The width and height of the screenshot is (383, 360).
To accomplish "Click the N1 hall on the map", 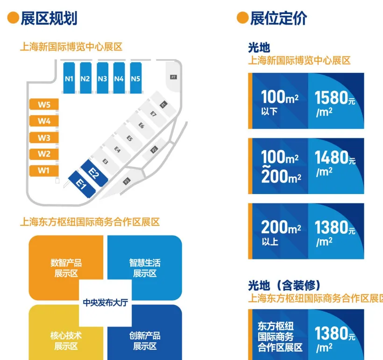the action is pos(69,79).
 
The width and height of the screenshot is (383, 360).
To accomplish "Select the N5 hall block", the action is pos(135,79).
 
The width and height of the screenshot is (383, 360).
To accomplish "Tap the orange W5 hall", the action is pos(44,105).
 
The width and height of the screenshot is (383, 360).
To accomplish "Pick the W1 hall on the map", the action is pos(44,171).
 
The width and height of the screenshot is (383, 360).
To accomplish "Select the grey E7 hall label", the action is pos(153,113).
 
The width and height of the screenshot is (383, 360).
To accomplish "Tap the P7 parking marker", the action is pos(173,77).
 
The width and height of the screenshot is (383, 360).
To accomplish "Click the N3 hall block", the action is pos(102,79).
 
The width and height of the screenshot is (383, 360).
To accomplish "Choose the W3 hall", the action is pos(44,138).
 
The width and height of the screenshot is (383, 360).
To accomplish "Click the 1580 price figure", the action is pos(332,98).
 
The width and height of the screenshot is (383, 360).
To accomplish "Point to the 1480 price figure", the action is pos(332,158).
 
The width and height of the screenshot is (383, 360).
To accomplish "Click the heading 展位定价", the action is pos(278,18).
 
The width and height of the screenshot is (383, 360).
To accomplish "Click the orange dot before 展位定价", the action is pos(242,18).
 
